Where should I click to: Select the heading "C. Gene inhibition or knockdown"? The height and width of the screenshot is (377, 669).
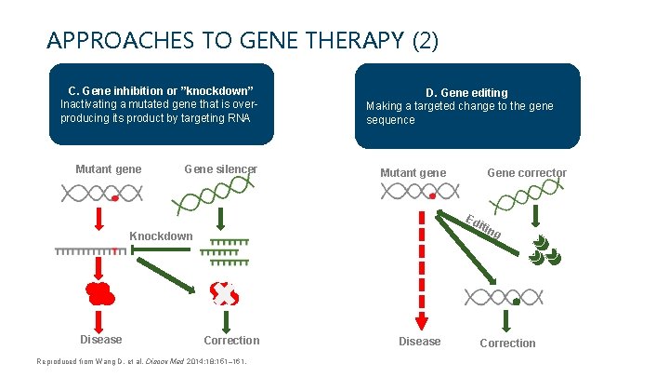(161, 90)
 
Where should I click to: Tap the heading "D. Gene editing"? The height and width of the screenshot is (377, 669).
(466, 92)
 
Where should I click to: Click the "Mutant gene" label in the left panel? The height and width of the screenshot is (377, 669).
(109, 168)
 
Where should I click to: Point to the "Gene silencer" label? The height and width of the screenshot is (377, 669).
(221, 168)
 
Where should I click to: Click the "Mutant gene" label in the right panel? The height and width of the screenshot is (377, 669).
(413, 173)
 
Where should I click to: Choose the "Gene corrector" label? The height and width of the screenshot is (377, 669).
(527, 173)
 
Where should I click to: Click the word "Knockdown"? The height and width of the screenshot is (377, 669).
(161, 236)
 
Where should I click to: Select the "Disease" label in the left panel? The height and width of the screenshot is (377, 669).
(100, 340)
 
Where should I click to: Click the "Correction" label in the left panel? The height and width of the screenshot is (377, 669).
(231, 340)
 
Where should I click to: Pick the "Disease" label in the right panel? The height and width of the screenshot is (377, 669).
(420, 342)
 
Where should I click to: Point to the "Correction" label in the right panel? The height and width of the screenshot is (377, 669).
(507, 343)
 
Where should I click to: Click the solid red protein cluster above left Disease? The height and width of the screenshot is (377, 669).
(100, 292)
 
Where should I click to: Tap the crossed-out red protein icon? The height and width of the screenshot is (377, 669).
(224, 294)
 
